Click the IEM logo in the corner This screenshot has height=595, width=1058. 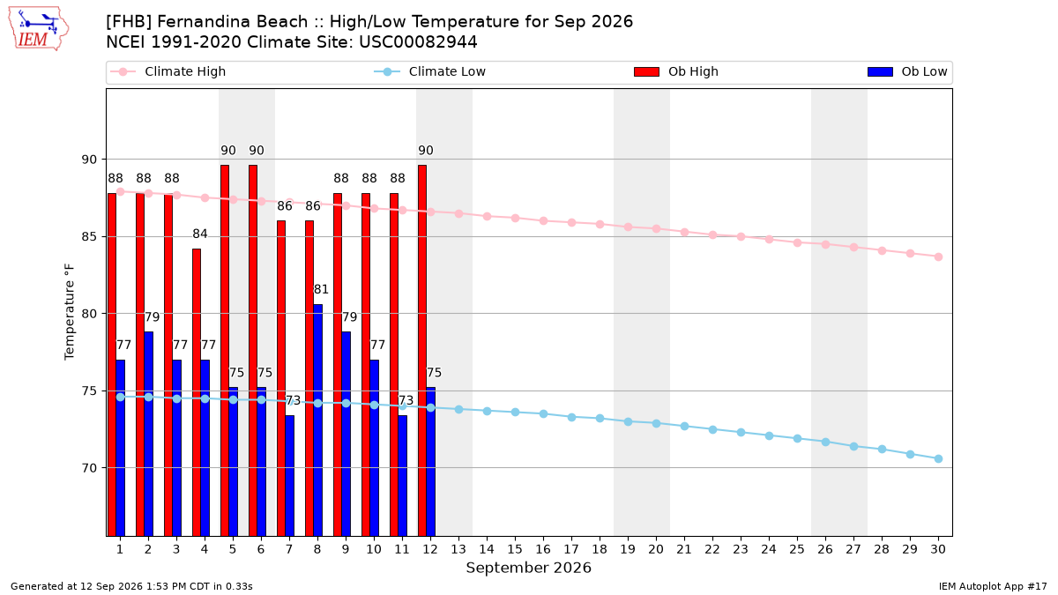pos(38,29)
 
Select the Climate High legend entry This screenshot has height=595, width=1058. pos(168,71)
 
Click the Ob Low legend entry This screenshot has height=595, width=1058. pos(907,71)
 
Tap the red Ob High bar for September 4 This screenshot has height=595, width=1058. pos(197,392)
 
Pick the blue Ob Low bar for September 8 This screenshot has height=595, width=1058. pos(318,420)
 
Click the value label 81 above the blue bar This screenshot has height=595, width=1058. pos(321,289)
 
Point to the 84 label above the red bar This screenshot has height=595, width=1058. pos(200,234)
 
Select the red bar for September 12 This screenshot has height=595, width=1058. pos(422,351)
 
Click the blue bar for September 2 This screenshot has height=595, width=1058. pos(148,434)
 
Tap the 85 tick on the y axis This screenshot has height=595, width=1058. pos(89,236)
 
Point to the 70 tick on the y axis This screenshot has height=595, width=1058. pos(89,468)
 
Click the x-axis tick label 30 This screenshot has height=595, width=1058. pos(938,549)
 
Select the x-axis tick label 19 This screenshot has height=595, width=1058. pos(628,549)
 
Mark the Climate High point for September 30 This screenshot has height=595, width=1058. pos(938,257)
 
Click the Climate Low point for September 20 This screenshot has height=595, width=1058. pos(657,424)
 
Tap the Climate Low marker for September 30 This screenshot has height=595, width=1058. pos(938,459)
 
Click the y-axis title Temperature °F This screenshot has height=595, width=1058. pos(70,312)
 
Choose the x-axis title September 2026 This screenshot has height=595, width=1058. pos(528,568)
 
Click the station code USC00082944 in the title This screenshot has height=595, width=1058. pos(418,42)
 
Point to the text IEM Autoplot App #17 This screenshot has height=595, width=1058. pos(993,586)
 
